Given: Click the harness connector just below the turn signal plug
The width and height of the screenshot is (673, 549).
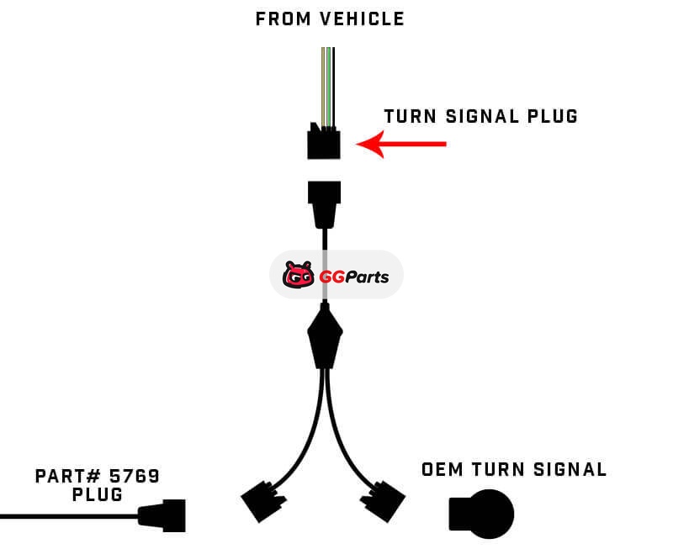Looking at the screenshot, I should point(325,202).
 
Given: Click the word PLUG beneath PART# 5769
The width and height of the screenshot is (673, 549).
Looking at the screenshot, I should point(98,495).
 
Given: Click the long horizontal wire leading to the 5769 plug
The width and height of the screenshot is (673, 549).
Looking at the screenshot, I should point(67,515).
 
